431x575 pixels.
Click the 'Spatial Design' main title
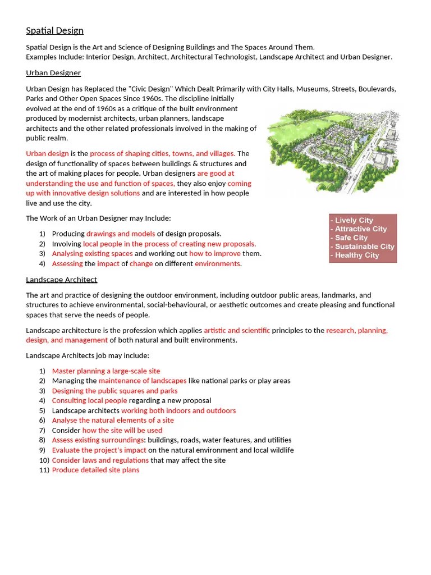point(54,31)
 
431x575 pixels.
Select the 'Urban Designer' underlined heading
point(53,73)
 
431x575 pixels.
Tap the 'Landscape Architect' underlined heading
point(61,280)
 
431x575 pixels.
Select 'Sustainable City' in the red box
point(364,247)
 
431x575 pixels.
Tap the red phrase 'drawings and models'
point(121,234)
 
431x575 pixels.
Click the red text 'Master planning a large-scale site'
point(106,371)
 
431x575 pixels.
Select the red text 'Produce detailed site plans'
point(95,470)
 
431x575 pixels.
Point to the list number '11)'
point(44,470)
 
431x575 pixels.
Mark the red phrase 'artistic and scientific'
point(237,330)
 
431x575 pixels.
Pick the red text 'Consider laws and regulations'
point(100,460)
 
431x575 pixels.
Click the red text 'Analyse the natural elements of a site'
point(113,421)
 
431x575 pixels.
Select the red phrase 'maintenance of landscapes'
point(143,381)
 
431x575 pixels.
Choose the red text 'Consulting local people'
point(89,401)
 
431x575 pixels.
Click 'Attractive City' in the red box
point(360,229)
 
